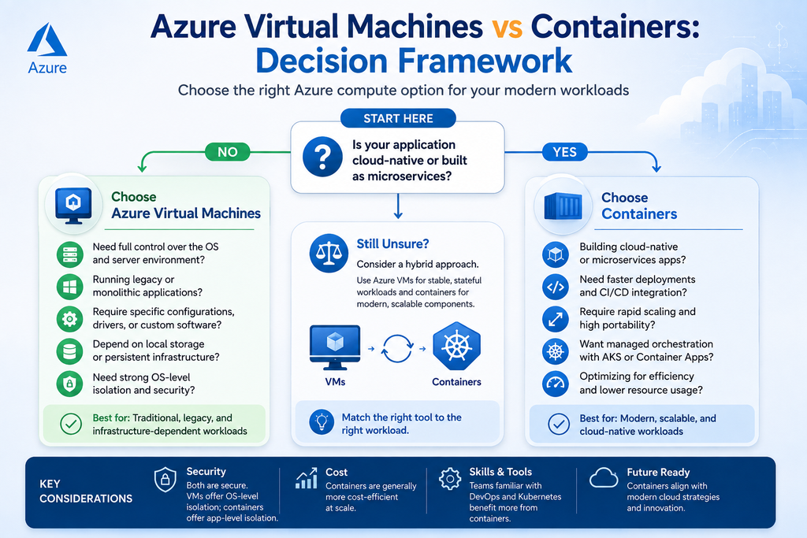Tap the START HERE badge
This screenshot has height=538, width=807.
click(398, 118)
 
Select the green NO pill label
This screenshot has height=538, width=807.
click(228, 152)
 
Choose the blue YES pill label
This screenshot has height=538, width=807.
click(564, 152)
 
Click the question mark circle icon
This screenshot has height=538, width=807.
click(322, 157)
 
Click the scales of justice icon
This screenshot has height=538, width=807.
click(329, 253)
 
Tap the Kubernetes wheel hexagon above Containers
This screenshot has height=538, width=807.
click(456, 346)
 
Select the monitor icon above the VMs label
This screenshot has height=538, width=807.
click(335, 347)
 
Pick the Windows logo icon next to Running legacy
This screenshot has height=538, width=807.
click(70, 287)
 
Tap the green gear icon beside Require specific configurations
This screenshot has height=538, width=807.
click(70, 319)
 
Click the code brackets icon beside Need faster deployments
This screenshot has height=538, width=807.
click(556, 287)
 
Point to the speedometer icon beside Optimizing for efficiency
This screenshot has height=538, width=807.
click(556, 384)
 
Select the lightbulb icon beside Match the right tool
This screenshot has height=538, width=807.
click(322, 422)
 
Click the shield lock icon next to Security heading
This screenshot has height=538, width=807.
click(165, 480)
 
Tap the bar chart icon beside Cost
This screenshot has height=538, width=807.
click(307, 478)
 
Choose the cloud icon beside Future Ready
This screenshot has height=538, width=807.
click(604, 478)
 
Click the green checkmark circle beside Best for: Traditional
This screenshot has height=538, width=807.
click(71, 425)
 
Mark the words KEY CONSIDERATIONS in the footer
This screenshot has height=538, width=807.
click(86, 492)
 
